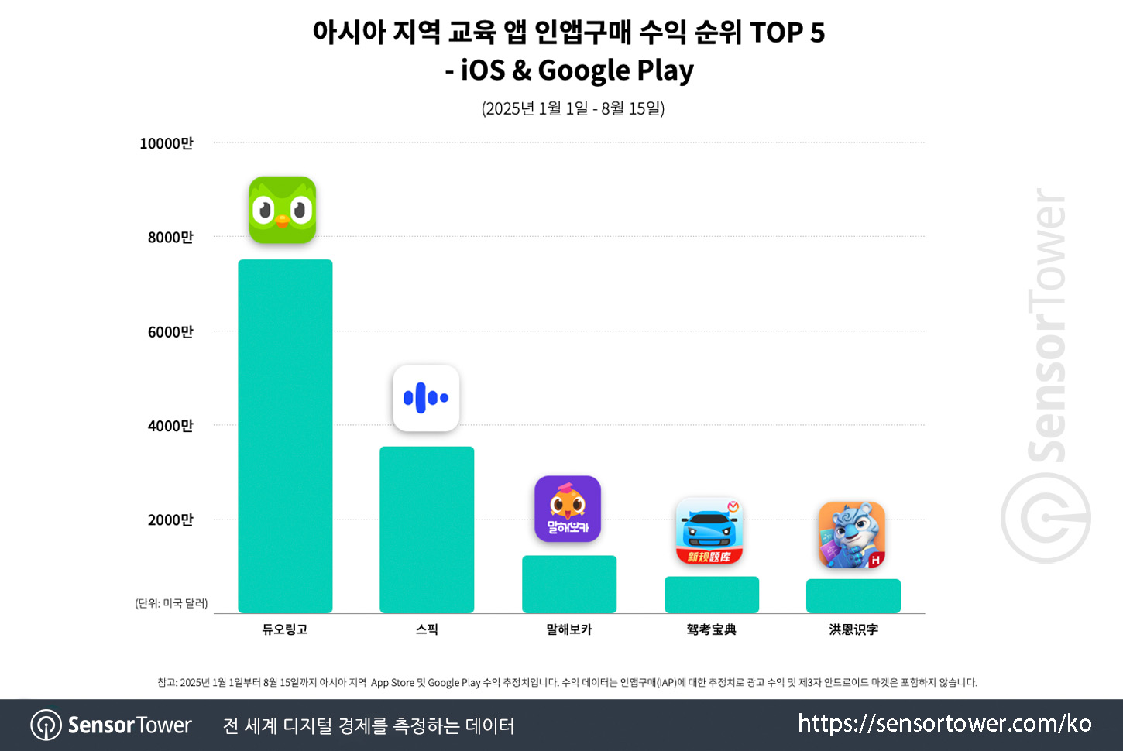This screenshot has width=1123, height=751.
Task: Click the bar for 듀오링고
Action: [285, 436]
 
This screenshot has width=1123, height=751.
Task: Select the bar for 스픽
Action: [427, 530]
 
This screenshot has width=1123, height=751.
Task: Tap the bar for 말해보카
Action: [569, 584]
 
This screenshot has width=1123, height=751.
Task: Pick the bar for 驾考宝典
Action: [712, 595]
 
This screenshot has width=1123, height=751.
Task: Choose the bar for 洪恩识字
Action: [853, 595]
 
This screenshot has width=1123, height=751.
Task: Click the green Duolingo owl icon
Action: [283, 210]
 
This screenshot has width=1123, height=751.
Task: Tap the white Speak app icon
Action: [426, 398]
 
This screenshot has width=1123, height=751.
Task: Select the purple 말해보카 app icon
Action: [568, 509]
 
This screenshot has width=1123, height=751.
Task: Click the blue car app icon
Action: [710, 531]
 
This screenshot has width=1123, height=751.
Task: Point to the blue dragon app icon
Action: [852, 535]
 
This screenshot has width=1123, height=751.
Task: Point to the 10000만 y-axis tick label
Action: [167, 143]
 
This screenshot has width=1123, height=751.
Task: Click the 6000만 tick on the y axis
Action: [170, 332]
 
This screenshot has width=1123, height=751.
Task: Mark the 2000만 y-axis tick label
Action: [170, 520]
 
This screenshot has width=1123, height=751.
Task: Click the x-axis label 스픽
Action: [427, 629]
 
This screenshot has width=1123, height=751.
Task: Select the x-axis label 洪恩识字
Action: [853, 629]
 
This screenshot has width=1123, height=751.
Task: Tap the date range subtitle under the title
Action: [573, 108]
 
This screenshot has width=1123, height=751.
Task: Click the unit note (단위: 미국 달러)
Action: [171, 603]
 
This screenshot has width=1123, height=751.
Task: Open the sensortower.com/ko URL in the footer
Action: [944, 724]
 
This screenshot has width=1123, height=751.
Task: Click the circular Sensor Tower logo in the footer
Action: [46, 725]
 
